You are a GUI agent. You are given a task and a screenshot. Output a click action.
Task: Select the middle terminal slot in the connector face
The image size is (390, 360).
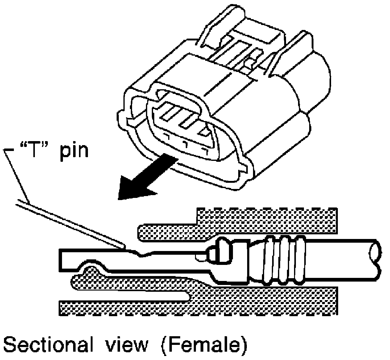(189, 120)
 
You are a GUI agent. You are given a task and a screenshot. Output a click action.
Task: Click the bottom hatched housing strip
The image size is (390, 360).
(197, 307)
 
